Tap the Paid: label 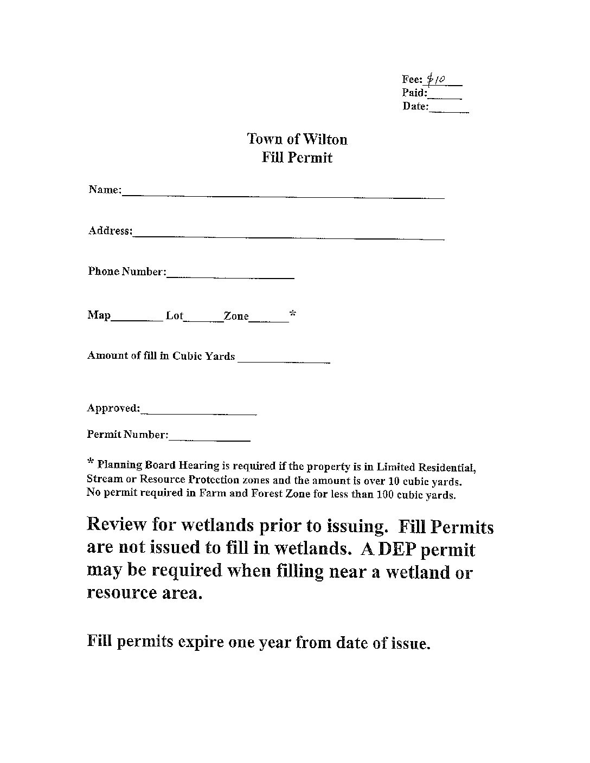(415, 93)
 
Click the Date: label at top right (415, 106)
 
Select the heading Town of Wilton (297, 139)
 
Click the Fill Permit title (297, 158)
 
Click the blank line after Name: (283, 196)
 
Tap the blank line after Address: (288, 237)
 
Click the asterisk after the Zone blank (293, 314)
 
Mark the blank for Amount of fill (284, 360)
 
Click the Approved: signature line (198, 413)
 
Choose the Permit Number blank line (210, 439)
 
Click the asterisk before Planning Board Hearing (91, 462)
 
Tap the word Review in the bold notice (117, 525)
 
